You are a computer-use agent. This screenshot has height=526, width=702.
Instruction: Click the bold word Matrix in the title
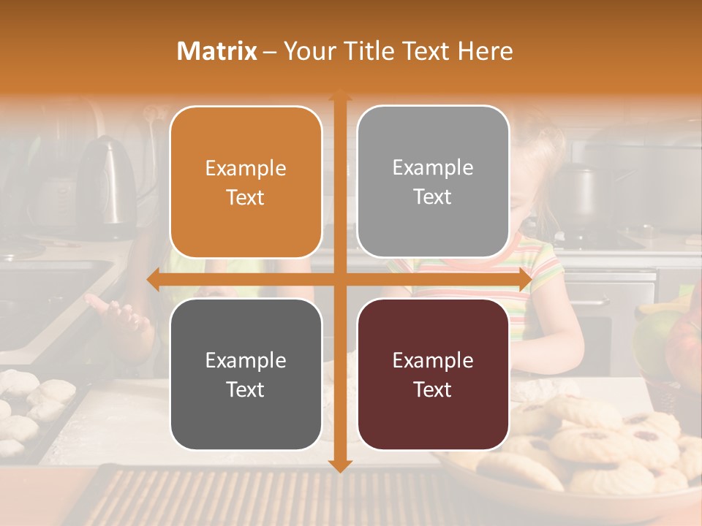point(217,51)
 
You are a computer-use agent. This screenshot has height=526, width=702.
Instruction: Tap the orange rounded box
point(246,182)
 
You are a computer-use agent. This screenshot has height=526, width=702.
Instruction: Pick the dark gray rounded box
point(246,374)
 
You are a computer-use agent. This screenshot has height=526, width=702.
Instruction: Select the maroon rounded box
point(433,374)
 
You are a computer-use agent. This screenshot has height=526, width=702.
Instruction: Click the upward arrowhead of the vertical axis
point(340,95)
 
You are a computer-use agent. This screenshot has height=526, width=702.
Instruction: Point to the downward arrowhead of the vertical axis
point(340,465)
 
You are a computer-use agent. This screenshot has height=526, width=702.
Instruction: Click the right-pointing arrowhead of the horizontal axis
point(525,280)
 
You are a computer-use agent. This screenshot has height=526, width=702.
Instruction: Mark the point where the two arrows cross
point(340,280)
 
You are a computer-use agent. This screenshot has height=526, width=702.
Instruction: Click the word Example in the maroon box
point(433,360)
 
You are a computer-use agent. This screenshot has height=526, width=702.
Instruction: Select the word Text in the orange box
point(246,198)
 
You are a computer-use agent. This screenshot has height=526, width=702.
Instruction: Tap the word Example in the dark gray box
point(246,360)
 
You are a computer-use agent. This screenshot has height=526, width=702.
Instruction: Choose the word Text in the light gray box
point(433,197)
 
